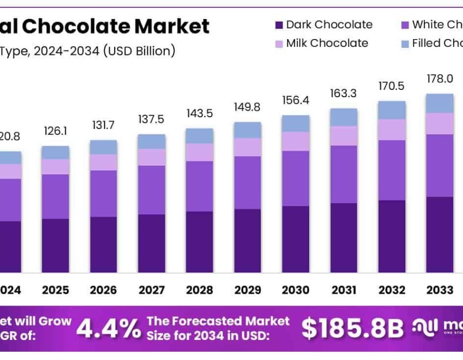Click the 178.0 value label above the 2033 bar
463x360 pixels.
click(x=440, y=78)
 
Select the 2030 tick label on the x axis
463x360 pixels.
click(x=296, y=290)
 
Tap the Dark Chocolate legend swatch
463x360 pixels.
click(x=279, y=25)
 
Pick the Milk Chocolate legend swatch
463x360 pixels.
click(x=279, y=44)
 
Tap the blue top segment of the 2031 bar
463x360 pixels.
click(x=344, y=117)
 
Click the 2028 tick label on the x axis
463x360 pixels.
click(x=199, y=290)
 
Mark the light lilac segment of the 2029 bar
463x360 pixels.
click(x=247, y=147)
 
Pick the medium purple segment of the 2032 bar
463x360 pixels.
click(x=392, y=170)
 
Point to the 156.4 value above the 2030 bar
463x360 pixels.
click(x=296, y=100)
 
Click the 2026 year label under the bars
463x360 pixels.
click(x=103, y=290)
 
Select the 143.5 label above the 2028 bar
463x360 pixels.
click(x=199, y=113)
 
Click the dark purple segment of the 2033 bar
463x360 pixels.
click(x=440, y=235)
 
